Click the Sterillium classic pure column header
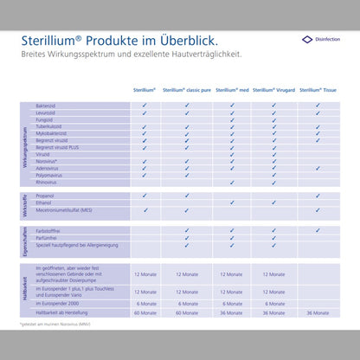187,89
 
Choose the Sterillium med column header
231,89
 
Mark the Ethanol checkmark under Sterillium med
231,202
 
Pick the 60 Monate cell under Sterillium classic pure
187,312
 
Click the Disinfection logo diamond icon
307,39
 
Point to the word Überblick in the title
183,40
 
